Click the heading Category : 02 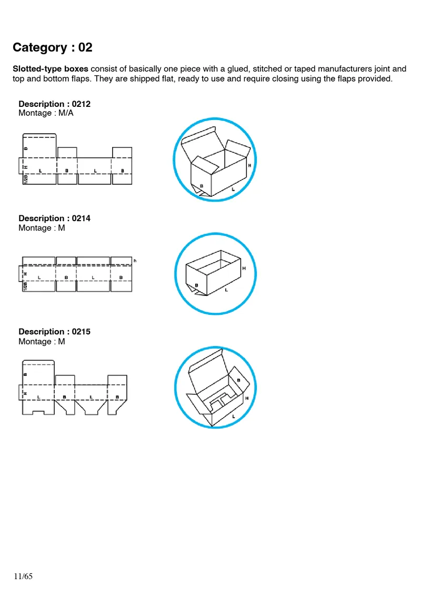coord(53,47)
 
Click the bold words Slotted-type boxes coord(51,69)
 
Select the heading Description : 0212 coord(55,104)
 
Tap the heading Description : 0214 coord(55,218)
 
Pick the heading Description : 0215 coord(55,332)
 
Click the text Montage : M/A coord(46,113)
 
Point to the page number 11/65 coord(23,577)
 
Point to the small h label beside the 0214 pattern coord(135,261)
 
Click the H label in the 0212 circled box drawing coord(249,165)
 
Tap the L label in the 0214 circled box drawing coord(227,290)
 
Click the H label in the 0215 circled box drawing coord(247,399)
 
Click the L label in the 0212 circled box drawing coord(233,188)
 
